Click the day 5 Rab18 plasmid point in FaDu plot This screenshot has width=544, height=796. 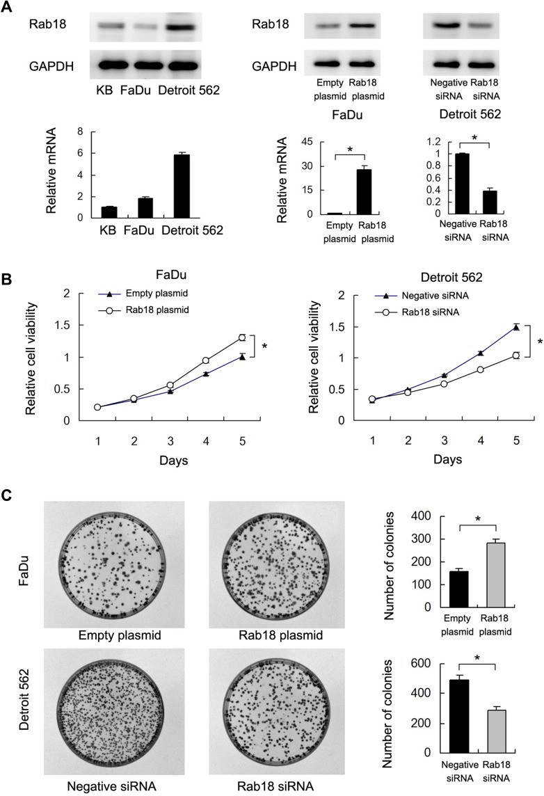point(241,337)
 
